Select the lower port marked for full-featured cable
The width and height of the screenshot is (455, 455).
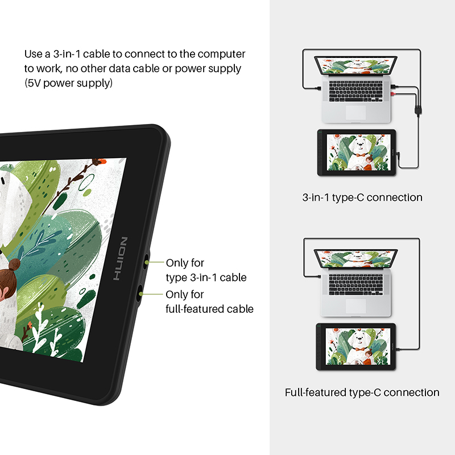tap(139, 292)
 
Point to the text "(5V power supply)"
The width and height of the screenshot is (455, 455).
tap(68, 83)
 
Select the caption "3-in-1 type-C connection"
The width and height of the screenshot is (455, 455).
tap(362, 198)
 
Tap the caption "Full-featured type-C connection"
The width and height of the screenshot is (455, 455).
tap(362, 392)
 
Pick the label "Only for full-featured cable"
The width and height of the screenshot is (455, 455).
tap(209, 302)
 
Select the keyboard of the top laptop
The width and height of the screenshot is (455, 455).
tap(356, 90)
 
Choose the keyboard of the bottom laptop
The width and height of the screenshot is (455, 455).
tap(356, 284)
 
